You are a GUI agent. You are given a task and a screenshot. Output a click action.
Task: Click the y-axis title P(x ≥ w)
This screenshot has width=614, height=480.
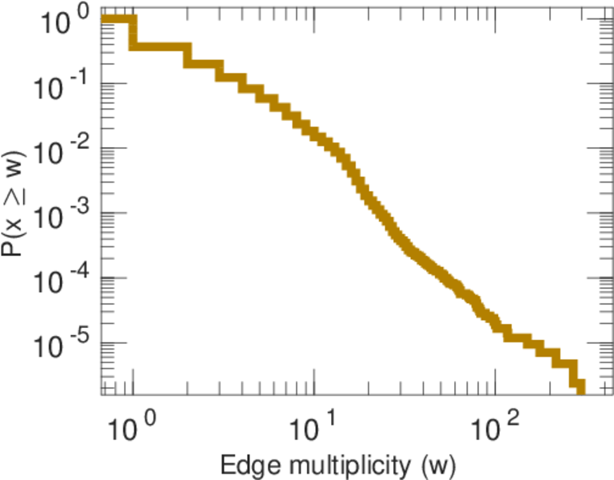point(18,206)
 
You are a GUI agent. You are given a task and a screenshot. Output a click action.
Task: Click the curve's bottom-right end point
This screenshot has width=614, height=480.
point(580,389)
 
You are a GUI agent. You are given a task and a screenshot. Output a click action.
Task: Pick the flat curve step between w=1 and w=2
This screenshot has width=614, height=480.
point(160,46)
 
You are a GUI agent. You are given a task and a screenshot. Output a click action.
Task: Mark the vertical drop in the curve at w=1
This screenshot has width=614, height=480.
point(134,33)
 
